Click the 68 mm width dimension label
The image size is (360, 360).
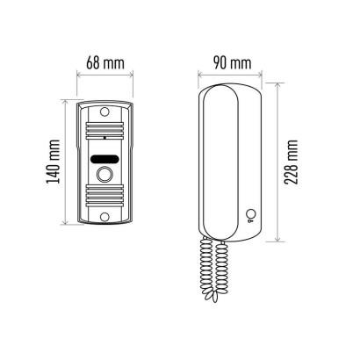point(105,63)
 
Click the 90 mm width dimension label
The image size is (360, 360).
point(232,63)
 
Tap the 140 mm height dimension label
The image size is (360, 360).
point(54,162)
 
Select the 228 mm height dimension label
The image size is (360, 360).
point(292,162)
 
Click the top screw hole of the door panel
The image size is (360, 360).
point(104,112)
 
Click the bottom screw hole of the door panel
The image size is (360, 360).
point(104,217)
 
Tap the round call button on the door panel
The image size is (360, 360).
point(104,175)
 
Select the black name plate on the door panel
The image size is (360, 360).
point(104,159)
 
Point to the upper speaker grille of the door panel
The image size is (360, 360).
point(104,130)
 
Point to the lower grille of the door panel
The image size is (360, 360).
point(104,196)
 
